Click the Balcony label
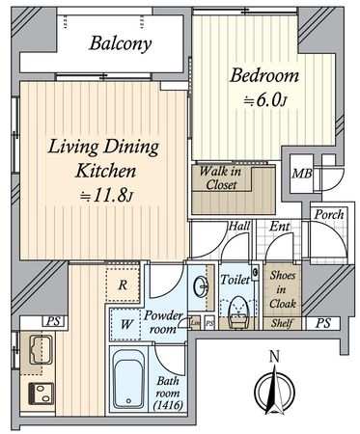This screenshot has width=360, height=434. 120,43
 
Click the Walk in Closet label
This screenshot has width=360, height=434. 220,178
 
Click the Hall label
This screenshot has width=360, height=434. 238,228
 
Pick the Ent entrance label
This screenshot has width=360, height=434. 277,228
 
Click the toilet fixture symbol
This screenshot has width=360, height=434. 236,309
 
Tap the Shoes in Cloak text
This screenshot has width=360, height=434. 282,288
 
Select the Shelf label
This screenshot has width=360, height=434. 281,323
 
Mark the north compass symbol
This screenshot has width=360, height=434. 274,390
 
